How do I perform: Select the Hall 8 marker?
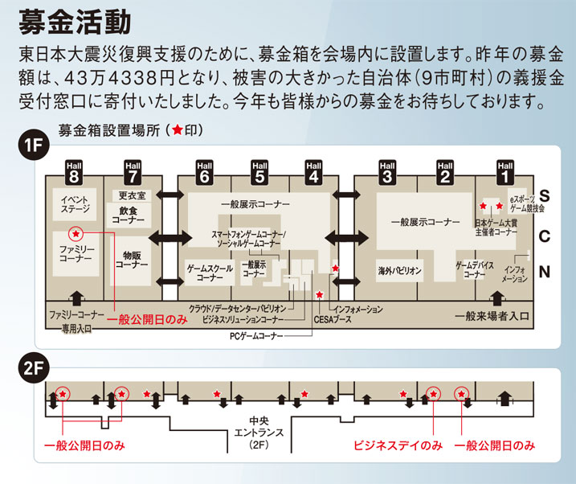(x=75, y=170)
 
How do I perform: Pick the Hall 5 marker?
(x=259, y=170)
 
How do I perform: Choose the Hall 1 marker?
(x=505, y=170)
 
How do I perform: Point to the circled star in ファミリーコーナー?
(x=76, y=234)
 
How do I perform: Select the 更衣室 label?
(x=131, y=195)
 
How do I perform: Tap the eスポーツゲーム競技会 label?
(x=525, y=203)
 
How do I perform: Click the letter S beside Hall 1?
(x=544, y=196)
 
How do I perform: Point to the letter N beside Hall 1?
(x=544, y=272)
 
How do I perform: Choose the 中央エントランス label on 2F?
(x=259, y=433)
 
